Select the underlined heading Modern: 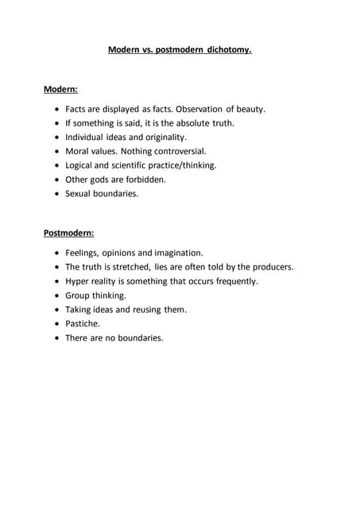[60, 89]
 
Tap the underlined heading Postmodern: [68, 233]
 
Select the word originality [162, 137]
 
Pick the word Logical [81, 165]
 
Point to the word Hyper [79, 282]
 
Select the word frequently [231, 282]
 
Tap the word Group [79, 296]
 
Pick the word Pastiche [83, 324]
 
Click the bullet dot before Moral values [56, 151]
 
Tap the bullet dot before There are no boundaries [56, 338]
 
